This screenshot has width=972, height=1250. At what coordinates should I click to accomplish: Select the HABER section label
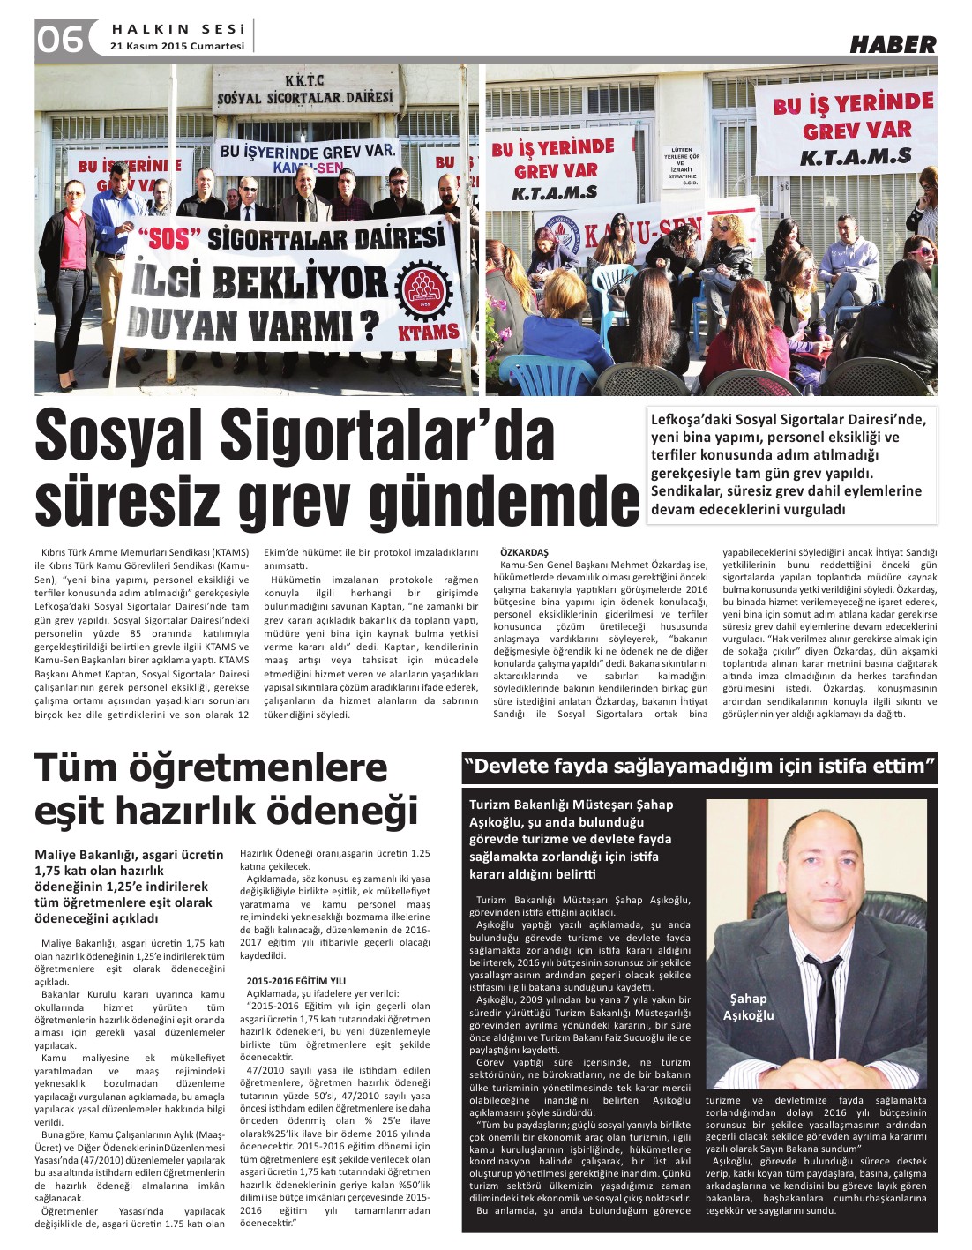pyautogui.click(x=892, y=44)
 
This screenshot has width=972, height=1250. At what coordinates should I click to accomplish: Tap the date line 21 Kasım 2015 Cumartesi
pyautogui.click(x=177, y=46)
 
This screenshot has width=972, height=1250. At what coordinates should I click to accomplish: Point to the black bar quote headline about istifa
pyautogui.click(x=699, y=766)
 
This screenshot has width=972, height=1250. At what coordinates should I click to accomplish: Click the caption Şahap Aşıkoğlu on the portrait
pyautogui.click(x=748, y=1007)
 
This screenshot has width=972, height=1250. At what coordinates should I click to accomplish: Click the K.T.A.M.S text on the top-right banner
pyautogui.click(x=855, y=158)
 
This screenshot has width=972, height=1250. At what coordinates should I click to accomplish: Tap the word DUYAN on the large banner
pyautogui.click(x=184, y=326)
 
